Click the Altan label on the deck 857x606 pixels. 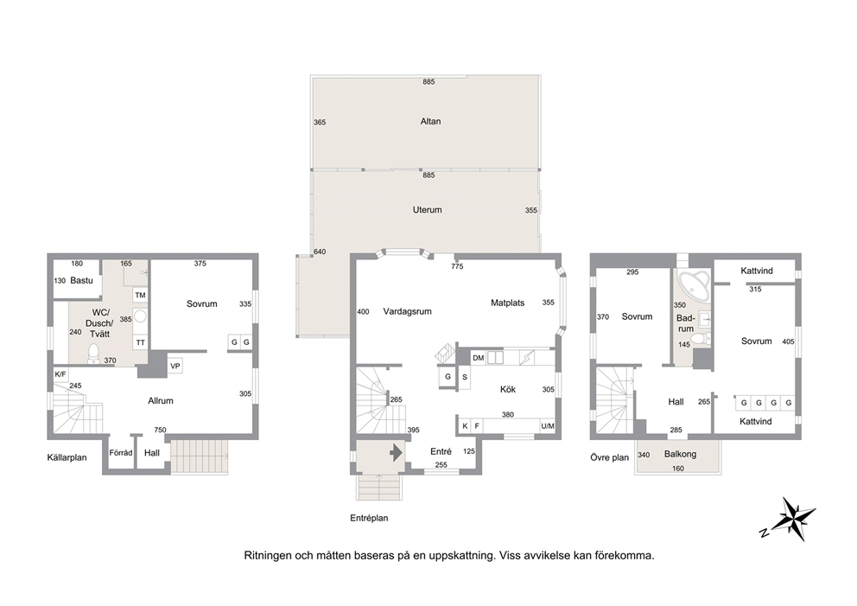point(430,121)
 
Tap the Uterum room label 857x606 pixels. point(427,209)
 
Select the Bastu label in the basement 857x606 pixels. point(81,281)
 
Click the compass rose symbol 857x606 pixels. point(790,519)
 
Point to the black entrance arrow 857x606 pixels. point(397,452)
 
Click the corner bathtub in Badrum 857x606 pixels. point(693,284)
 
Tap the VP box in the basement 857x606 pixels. point(175,366)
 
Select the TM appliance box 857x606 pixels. point(141,296)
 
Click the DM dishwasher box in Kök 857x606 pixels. point(479,358)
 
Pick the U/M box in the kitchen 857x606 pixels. point(547,426)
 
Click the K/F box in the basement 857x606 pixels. point(60,374)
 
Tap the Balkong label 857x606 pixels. point(680,454)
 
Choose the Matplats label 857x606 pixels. point(507,303)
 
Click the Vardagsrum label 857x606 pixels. point(407,312)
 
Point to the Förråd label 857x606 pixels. point(121,453)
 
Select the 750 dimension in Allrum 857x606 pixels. point(160,430)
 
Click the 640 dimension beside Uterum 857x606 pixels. point(320,252)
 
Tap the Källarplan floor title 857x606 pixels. point(67,458)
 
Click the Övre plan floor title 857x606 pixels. point(609,457)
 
